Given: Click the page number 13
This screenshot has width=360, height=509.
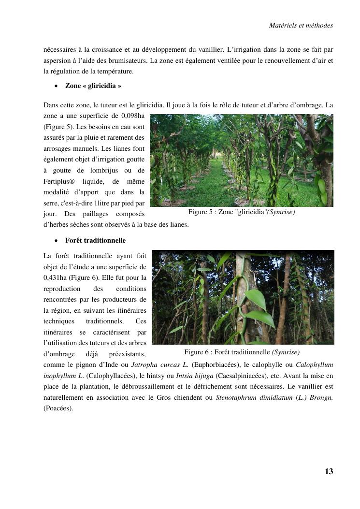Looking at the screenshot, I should pyautogui.click(x=329, y=472).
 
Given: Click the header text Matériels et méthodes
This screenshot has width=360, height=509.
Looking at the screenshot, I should pyautogui.click(x=301, y=25).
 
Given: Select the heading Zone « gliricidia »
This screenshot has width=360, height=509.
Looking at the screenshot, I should pyautogui.click(x=93, y=86).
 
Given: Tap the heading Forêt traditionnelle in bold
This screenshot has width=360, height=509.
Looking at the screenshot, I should pyautogui.click(x=95, y=240).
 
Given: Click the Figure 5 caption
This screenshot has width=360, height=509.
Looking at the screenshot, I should pyautogui.click(x=242, y=212).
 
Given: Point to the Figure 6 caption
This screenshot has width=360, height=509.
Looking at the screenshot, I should pyautogui.click(x=242, y=352).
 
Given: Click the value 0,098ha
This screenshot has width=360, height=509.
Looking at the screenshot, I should pyautogui.click(x=133, y=116).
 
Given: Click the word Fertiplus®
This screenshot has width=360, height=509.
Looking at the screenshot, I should pyautogui.click(x=59, y=182).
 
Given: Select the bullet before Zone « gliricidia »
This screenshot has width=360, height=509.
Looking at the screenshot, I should pyautogui.click(x=56, y=86).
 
